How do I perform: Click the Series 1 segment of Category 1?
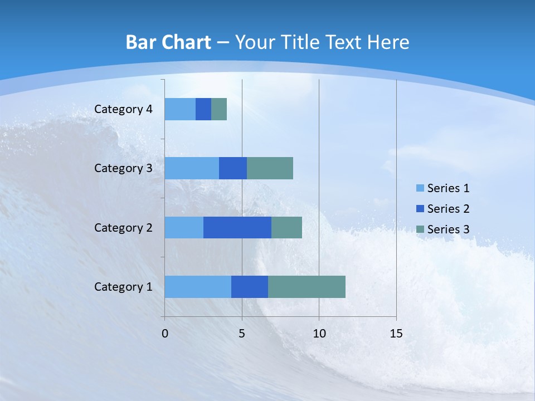(198, 287)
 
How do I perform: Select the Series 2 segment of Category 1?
(250, 287)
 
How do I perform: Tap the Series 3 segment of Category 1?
(307, 287)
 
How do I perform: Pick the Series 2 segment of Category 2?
(237, 228)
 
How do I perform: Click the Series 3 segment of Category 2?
(286, 228)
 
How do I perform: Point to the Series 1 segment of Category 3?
(192, 168)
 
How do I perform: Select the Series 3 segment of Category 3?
(270, 168)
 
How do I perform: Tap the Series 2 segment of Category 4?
(203, 109)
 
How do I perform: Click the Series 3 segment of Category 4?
(219, 109)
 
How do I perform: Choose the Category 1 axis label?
(123, 287)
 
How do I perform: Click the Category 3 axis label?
(123, 168)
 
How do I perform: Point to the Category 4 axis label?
(123, 109)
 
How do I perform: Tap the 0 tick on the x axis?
(165, 334)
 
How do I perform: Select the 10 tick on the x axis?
(319, 334)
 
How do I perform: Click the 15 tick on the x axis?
(396, 334)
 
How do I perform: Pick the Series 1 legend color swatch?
(420, 188)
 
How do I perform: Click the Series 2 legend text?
(448, 209)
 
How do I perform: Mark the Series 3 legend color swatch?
(420, 229)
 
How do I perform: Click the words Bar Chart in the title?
(168, 42)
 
